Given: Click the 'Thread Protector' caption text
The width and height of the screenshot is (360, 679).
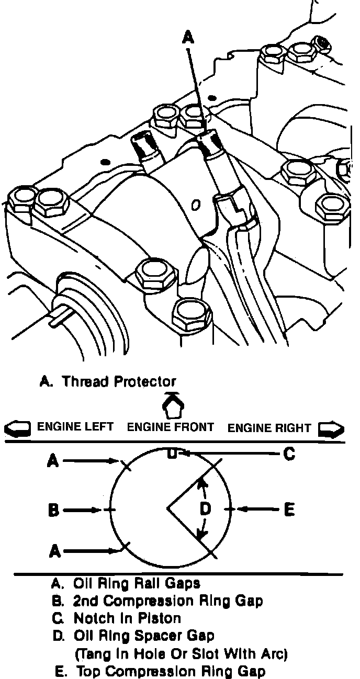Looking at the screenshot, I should tap(119, 381).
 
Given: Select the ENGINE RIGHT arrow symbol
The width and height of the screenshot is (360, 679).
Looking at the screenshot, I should tap(331, 429).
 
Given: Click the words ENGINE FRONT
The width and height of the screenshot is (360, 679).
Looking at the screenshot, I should tap(171, 427).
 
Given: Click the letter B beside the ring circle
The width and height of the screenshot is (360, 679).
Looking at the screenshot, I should tap(53, 510).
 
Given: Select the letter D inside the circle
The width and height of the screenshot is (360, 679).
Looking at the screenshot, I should tap(206, 508).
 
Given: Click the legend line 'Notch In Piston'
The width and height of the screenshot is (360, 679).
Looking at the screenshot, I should tap(127, 618).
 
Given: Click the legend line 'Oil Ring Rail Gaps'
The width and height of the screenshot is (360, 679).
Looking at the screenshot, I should tap(137, 583).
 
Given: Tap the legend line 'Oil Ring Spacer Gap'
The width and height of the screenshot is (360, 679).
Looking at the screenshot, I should tap(144, 636).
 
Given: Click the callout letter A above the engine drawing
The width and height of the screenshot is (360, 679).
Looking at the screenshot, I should tap(188, 37).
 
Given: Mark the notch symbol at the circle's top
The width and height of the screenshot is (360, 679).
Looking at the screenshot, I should tap(171, 454).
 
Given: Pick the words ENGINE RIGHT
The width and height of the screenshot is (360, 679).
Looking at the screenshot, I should tap(269, 427).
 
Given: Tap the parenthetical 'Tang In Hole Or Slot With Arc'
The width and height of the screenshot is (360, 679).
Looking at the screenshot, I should tap(182, 654).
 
